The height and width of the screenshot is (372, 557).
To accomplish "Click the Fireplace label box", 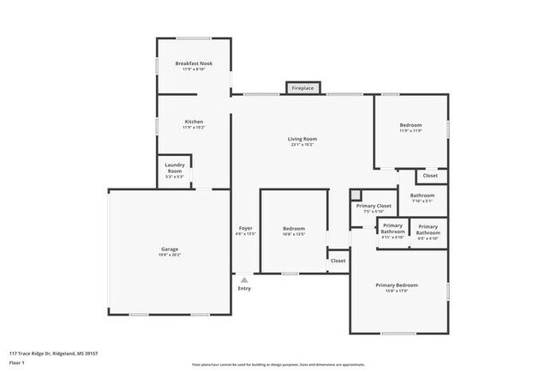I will [x=302, y=88].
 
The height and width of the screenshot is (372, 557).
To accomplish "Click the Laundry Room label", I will [x=175, y=168].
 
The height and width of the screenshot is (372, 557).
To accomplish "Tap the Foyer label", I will [x=246, y=229].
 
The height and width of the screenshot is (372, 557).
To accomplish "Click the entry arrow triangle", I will [x=244, y=279].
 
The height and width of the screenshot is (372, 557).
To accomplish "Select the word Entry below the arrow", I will [x=244, y=289].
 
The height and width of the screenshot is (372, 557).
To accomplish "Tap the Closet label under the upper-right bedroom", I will [x=430, y=176].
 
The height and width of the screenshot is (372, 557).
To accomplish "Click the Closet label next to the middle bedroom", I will [x=338, y=261].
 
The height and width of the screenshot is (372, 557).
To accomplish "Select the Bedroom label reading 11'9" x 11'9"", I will [x=410, y=128].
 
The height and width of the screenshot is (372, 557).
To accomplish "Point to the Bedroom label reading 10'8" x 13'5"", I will [x=294, y=231].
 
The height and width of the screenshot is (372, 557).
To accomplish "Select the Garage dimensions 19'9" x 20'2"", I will [x=170, y=255].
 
